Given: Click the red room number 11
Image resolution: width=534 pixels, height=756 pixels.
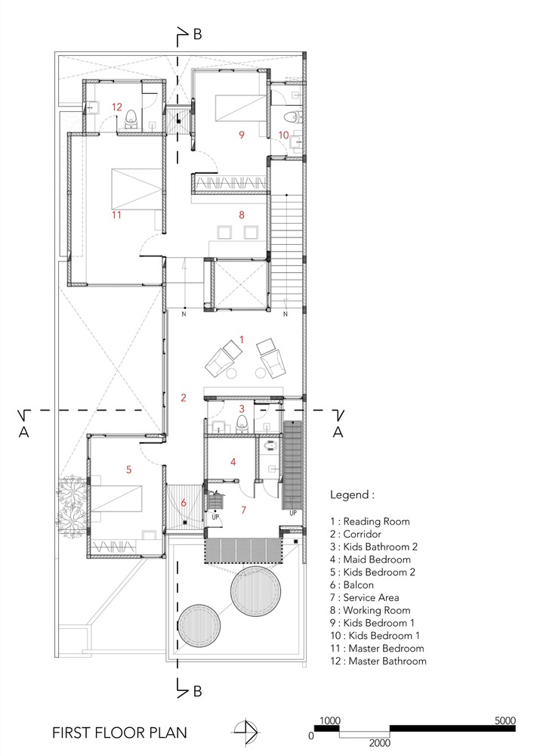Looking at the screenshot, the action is click(116, 215).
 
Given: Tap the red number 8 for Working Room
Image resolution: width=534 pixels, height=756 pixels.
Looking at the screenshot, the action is click(242, 215).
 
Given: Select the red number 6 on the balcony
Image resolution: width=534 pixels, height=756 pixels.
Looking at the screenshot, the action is click(184, 503).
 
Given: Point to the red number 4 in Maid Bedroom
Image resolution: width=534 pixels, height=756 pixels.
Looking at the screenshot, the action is click(233, 462).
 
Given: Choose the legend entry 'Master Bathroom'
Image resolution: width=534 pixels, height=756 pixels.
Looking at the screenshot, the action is click(387, 661).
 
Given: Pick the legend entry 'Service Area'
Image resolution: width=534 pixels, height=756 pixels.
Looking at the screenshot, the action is click(371, 597).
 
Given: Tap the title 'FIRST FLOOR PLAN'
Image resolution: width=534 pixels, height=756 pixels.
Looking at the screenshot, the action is click(119, 733).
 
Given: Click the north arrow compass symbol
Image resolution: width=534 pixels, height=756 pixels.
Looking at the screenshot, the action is click(246, 733).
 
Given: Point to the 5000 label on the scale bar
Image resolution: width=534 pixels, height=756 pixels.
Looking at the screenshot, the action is click(505, 720).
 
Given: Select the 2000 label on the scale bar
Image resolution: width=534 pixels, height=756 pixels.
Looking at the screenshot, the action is click(380, 743).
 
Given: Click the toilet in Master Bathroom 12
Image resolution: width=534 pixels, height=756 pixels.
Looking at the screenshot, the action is click(131, 119).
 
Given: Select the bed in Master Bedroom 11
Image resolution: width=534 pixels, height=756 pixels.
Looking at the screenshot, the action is click(136, 189).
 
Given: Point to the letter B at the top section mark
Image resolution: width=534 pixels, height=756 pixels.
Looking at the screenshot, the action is click(197, 35).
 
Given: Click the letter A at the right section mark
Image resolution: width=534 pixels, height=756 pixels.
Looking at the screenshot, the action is click(338, 432).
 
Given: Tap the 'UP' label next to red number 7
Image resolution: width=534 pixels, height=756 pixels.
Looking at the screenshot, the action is click(215, 517).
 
